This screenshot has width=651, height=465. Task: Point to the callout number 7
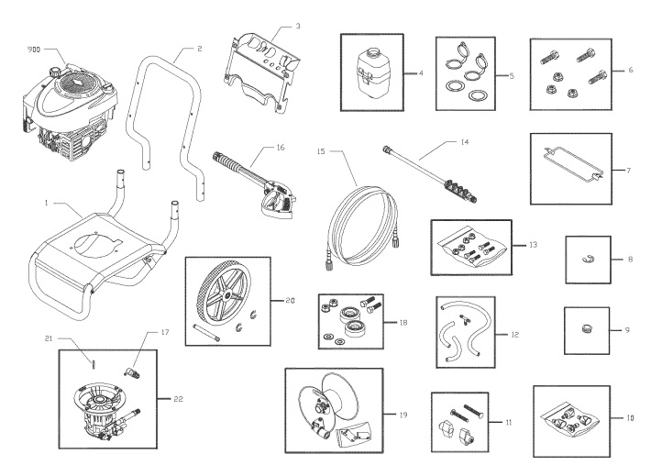click(628, 171)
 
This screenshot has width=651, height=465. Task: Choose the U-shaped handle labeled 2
click(170, 119)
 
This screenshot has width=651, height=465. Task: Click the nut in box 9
click(586, 324)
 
